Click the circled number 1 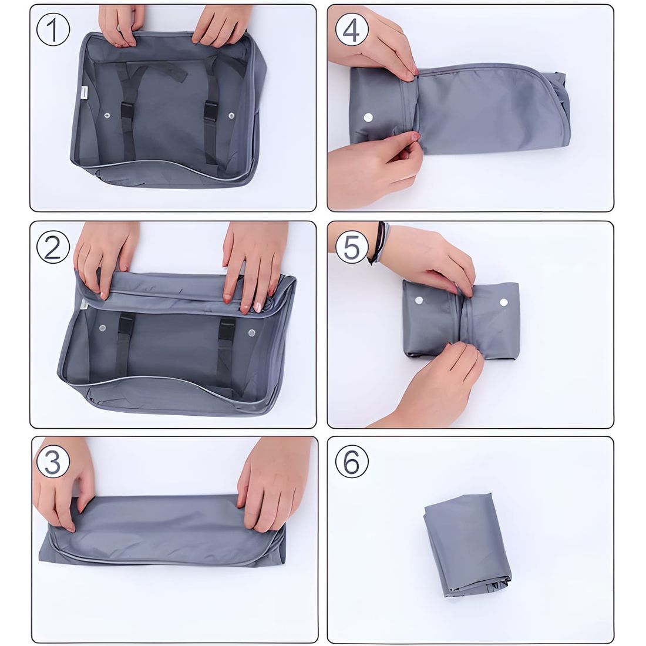(53, 29)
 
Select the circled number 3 (52, 462)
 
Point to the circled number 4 (351, 29)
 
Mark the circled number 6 (351, 462)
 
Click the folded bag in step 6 (467, 544)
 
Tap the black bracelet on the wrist (378, 243)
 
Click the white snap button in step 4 (368, 117)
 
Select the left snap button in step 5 (419, 300)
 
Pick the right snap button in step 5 (503, 302)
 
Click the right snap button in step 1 (231, 116)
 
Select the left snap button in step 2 (102, 328)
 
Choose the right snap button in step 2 (252, 332)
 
